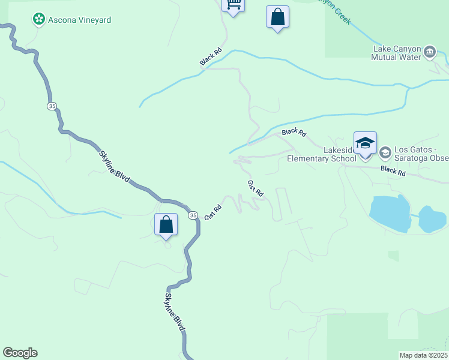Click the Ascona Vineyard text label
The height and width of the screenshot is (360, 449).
(79, 20)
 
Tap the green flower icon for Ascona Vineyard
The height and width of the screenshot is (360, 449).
(39, 20)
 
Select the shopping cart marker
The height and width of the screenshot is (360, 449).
(233, 5)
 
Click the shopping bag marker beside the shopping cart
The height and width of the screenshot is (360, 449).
(277, 17)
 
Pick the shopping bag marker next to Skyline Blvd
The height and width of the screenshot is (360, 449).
(166, 225)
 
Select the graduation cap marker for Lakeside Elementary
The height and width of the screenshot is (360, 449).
(365, 144)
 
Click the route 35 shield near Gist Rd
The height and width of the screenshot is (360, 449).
(192, 215)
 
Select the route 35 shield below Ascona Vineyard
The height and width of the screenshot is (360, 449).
(52, 106)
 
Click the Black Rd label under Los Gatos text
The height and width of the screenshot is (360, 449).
(393, 172)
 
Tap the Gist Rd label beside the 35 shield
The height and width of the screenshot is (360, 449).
(213, 212)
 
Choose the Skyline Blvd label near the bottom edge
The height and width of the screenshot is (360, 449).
(174, 311)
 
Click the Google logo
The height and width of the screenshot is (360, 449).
(20, 353)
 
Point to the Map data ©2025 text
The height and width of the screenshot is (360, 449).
(423, 355)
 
